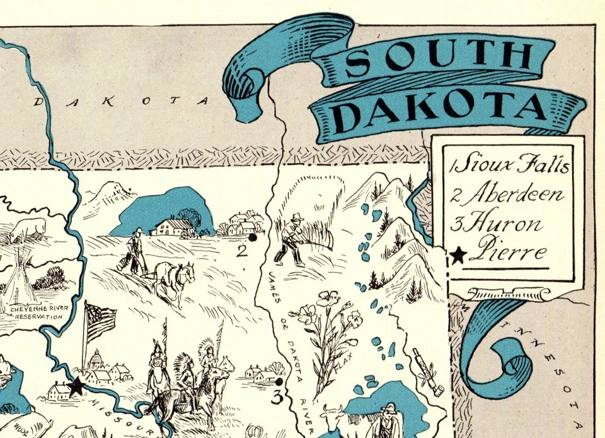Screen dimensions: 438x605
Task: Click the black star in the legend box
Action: (459, 255)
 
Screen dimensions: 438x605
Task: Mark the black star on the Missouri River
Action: (76, 386)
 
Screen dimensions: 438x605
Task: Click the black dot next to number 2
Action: (253, 238)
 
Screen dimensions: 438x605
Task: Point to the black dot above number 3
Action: (279, 381)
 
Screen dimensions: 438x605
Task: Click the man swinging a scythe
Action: (292, 239)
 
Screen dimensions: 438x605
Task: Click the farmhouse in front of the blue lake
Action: (172, 227)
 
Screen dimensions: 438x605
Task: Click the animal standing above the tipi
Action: (28, 228)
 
